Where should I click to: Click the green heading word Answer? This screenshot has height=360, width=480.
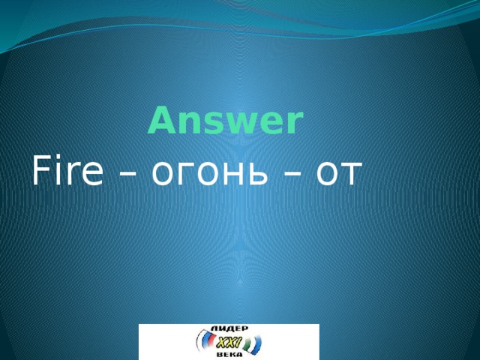click(x=226, y=121)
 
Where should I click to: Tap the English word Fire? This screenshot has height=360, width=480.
click(x=67, y=173)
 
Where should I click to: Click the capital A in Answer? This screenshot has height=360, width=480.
click(x=160, y=121)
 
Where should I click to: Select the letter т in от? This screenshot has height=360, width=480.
click(x=352, y=176)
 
